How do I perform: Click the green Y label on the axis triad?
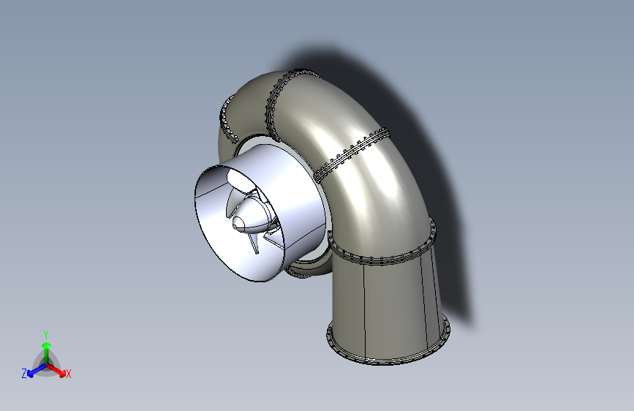coord(46,334)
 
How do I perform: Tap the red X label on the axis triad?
coord(68,374)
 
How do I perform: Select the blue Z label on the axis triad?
coord(24,374)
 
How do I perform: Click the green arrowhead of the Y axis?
coord(47,346)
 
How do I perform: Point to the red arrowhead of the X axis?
coord(62,373)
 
